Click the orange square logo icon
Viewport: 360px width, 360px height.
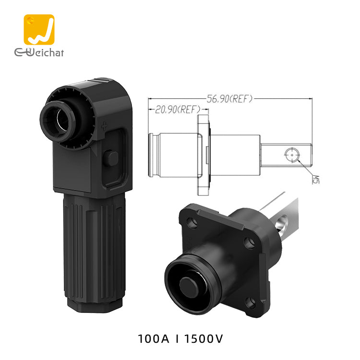pyautogui.click(x=39, y=29)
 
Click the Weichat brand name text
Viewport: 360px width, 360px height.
pyautogui.click(x=39, y=53)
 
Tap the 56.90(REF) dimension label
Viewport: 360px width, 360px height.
pyautogui.click(x=229, y=99)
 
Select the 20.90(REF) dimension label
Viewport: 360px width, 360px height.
pyautogui.click(x=178, y=109)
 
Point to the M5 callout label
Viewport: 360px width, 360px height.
pyautogui.click(x=316, y=180)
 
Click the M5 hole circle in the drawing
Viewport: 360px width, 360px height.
pyautogui.click(x=292, y=155)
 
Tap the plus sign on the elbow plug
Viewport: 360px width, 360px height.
pyautogui.click(x=104, y=126)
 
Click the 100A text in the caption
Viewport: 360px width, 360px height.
pyautogui.click(x=153, y=339)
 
